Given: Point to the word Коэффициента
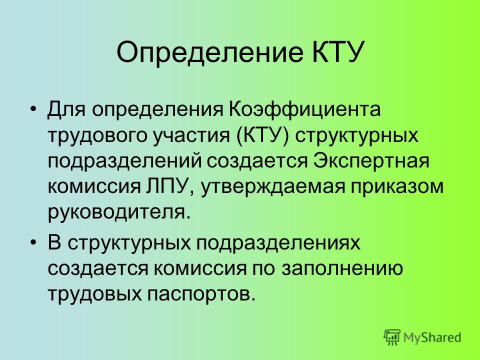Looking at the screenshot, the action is coord(304,109).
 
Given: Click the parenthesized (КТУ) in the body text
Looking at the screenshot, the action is coord(263,135).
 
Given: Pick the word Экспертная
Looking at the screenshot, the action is coord(371,161).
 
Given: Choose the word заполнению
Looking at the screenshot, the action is coord(342,268).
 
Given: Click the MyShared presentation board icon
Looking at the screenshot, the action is coord(392,337).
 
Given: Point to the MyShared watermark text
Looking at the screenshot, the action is coord(432,337).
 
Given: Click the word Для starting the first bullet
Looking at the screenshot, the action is coord(66,110).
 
